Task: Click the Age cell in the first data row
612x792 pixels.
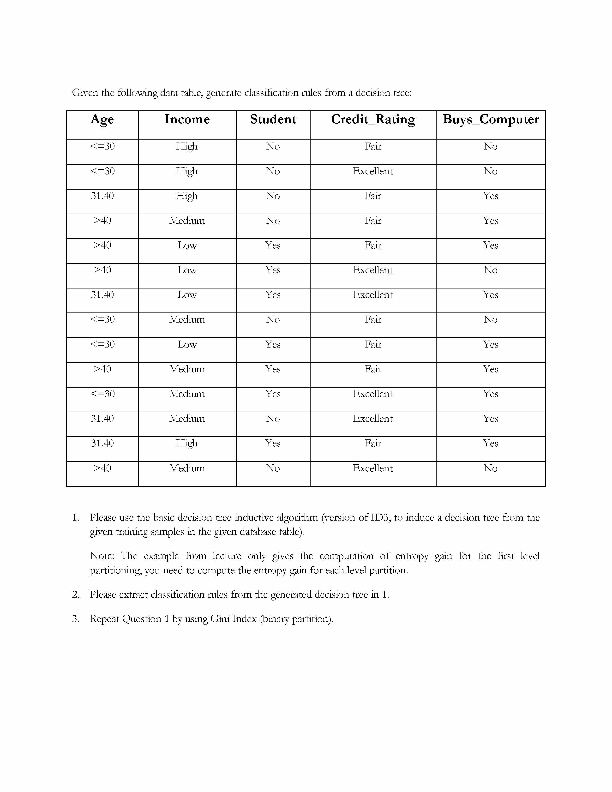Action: tap(102, 146)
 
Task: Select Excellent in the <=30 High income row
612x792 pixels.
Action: tap(373, 171)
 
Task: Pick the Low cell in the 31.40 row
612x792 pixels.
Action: tap(187, 295)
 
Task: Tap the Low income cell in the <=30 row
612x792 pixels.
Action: tap(187, 344)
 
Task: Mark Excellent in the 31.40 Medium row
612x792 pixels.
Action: tap(373, 419)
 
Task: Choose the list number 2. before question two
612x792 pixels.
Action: tap(75, 595)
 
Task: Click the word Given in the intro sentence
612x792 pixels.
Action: tap(85, 93)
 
